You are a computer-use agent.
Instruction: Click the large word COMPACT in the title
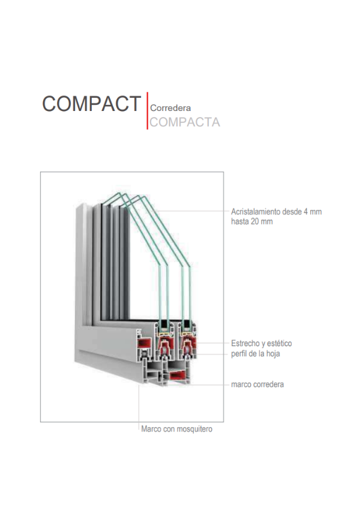pos(91,104)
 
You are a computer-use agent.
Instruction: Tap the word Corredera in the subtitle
pos(170,109)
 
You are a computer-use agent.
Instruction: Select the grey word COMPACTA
pos(185,122)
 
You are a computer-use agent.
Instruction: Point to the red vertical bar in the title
pos(147,111)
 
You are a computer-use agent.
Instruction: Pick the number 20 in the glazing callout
pos(256,221)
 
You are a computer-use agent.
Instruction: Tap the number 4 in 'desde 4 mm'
pos(305,212)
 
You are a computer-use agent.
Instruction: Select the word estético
pos(278,344)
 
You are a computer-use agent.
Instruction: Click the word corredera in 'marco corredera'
pos(268,384)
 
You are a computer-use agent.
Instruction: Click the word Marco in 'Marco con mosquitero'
pos(151,430)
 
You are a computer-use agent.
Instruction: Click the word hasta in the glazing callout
pos(240,221)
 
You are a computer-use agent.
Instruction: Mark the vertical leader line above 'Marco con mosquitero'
pos(139,408)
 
